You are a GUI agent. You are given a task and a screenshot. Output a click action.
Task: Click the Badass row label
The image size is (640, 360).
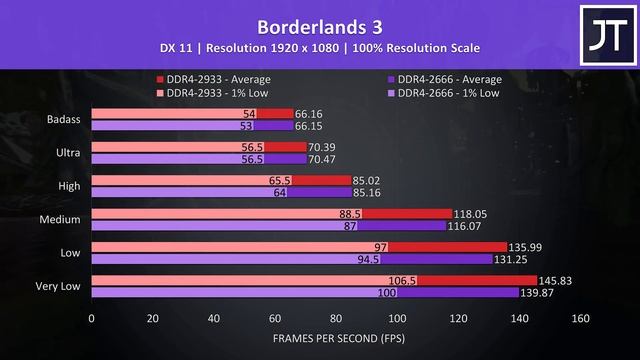[x=65, y=120]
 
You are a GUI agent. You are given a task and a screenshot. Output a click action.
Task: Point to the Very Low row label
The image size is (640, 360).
[x=59, y=288]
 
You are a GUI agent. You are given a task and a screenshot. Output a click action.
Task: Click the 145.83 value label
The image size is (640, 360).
[x=541, y=281]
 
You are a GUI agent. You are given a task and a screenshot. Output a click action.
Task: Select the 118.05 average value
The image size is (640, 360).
[x=475, y=214]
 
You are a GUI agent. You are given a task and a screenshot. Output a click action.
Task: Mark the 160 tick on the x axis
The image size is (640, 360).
[x=580, y=319]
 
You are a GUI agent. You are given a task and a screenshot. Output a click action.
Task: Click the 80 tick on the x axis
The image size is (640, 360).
[x=336, y=319]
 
